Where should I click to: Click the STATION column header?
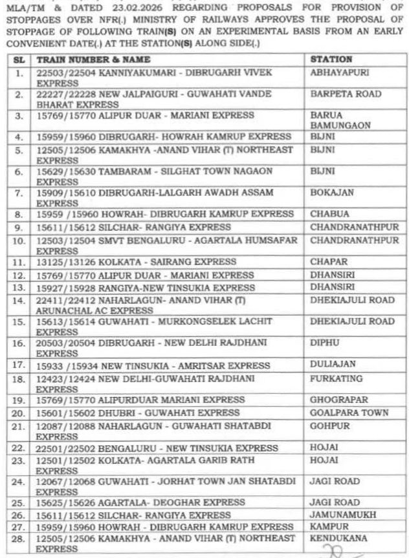(331, 59)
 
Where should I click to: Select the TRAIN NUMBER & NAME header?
(88, 59)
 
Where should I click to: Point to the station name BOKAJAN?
(330, 193)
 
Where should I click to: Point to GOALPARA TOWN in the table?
(349, 413)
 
